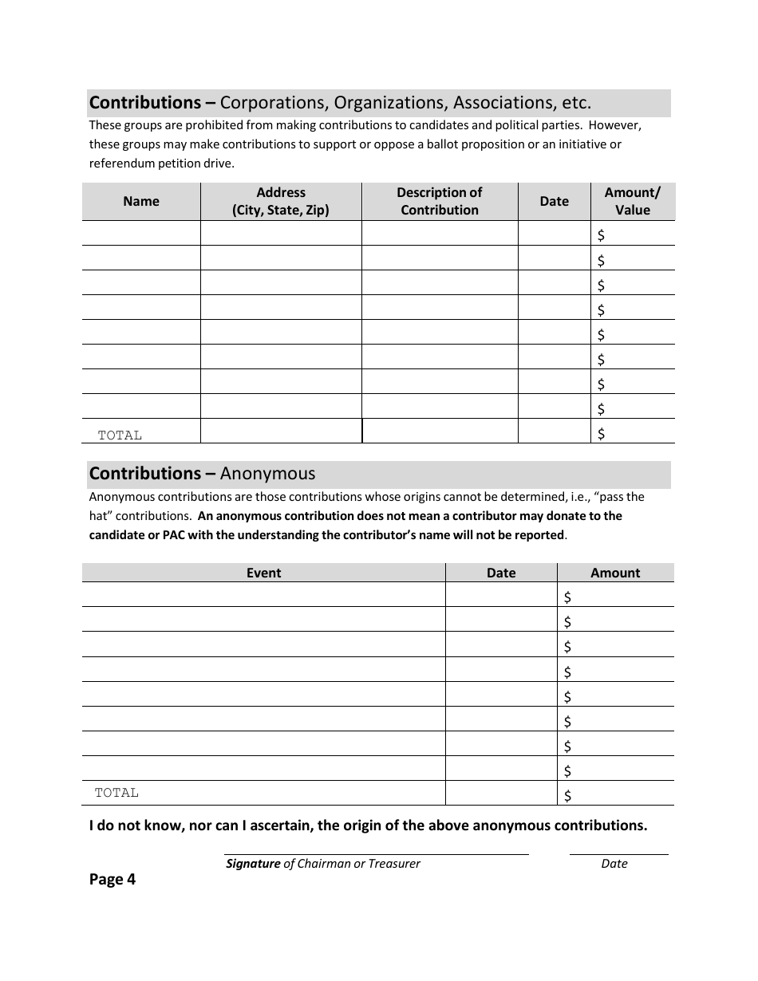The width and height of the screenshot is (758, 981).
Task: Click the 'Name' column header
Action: click(141, 202)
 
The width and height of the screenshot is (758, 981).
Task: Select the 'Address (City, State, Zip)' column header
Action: click(281, 202)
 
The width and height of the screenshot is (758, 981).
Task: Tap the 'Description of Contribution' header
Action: click(440, 202)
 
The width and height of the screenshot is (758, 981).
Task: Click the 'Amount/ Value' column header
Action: click(633, 202)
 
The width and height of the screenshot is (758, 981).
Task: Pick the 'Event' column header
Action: click(263, 573)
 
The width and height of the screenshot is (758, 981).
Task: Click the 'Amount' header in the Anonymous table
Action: click(615, 573)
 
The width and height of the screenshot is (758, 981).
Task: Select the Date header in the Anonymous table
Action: click(501, 573)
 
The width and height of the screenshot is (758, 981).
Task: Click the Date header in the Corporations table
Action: click(554, 202)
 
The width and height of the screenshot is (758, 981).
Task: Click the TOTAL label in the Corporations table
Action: click(120, 435)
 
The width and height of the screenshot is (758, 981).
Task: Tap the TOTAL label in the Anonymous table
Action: click(116, 793)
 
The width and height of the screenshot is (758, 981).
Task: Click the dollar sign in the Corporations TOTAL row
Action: click(602, 434)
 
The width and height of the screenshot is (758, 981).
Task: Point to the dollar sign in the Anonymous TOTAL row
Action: click(568, 795)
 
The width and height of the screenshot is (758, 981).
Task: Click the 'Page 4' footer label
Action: click(113, 880)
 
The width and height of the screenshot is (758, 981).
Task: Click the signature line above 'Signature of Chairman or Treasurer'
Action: click(376, 853)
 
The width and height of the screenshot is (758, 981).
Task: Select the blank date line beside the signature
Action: click(618, 853)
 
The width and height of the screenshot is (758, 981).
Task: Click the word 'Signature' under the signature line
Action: click(253, 864)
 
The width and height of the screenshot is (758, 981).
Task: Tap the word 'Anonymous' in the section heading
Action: click(267, 474)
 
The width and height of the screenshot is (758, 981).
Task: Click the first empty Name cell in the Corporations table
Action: click(141, 233)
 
